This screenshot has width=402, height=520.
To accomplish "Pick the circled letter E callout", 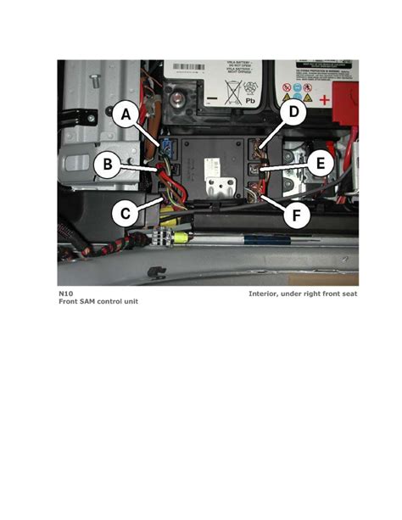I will (319, 164).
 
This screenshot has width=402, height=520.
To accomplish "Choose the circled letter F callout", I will (296, 215).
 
